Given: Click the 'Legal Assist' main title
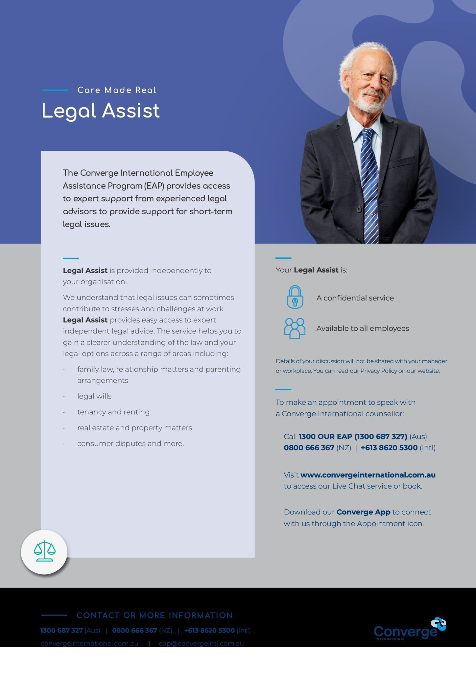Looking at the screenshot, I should [x=101, y=111].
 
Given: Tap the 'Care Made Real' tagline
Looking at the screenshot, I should [x=117, y=90].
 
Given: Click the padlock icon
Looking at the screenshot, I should [x=295, y=297].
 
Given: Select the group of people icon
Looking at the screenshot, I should [x=295, y=328].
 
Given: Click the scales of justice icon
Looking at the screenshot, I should [x=44, y=552].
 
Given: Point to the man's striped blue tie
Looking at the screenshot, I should [x=370, y=184].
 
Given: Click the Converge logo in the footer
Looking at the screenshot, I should [x=410, y=629].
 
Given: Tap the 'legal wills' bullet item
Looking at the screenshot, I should [x=94, y=396].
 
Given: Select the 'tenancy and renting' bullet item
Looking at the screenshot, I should [x=113, y=412].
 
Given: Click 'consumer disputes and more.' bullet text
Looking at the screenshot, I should [x=131, y=444].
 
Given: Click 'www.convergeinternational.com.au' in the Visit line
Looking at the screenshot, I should [x=368, y=475].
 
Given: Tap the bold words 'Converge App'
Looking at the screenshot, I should [x=363, y=512].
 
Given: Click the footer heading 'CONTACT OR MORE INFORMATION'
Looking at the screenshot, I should [x=155, y=615].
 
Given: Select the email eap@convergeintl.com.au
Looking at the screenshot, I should [x=201, y=643].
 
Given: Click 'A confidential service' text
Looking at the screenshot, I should [x=355, y=298].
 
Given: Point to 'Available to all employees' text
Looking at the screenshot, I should [x=363, y=328].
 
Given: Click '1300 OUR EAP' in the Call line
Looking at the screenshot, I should [x=325, y=437].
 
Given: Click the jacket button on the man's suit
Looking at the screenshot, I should [x=359, y=209].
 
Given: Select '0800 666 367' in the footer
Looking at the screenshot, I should [x=135, y=631].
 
